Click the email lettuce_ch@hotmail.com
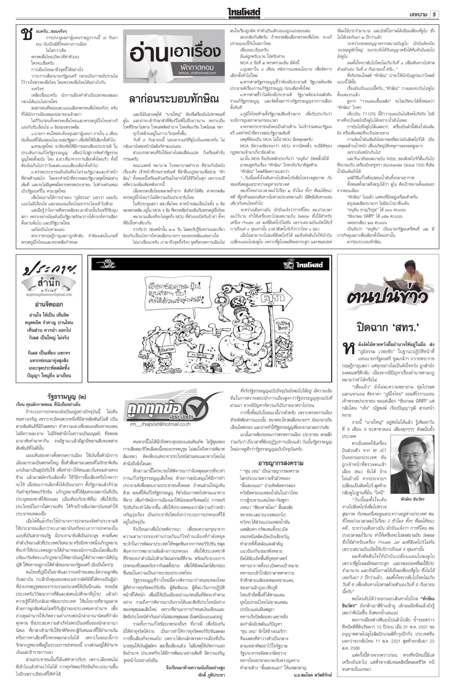(197, 73)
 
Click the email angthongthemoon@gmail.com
(49, 294)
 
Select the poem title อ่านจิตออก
(49, 304)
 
